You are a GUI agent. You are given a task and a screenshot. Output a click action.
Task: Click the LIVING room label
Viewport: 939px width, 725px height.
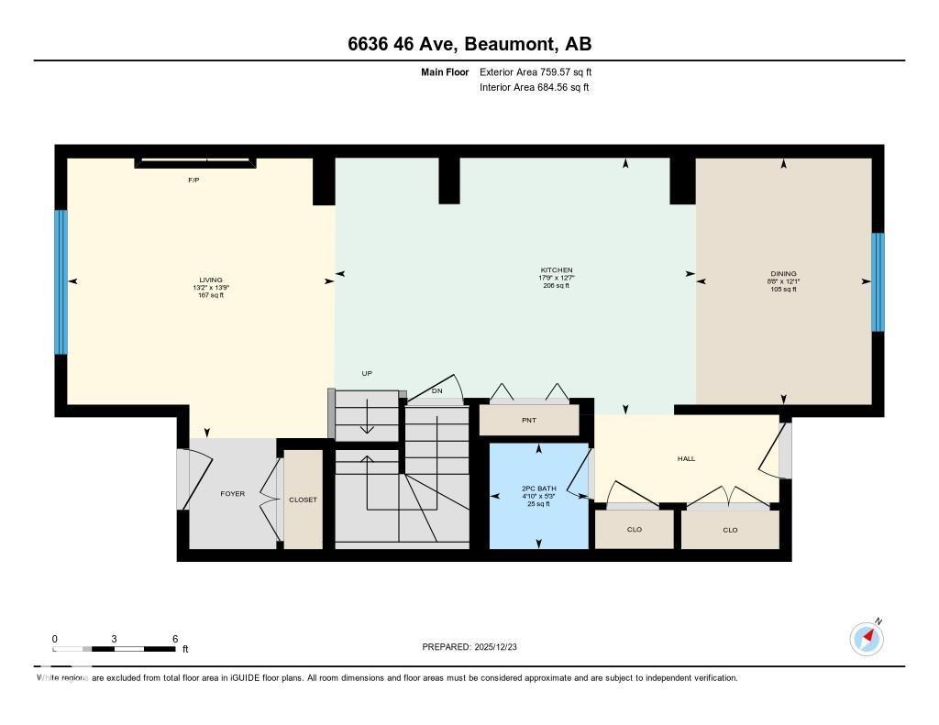tap(211, 280)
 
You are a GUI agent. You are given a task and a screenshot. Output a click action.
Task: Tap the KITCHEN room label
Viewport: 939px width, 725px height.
tap(556, 270)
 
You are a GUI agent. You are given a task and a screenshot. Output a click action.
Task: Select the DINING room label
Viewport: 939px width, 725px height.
tap(783, 273)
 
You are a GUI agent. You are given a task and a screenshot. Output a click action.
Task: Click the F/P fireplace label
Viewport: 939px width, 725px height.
tap(193, 181)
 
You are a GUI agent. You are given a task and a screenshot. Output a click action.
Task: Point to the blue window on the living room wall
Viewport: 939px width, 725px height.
tap(61, 282)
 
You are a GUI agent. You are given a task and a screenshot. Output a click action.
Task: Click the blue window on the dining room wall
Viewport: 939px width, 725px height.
tap(878, 282)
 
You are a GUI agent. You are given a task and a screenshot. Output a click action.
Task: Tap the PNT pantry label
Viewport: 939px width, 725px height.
tap(529, 421)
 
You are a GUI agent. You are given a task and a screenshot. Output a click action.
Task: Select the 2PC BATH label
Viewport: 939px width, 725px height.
tap(539, 489)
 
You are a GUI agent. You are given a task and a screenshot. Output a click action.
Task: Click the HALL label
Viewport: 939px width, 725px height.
tap(686, 458)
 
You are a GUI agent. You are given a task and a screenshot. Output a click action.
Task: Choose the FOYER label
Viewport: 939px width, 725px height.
tap(233, 494)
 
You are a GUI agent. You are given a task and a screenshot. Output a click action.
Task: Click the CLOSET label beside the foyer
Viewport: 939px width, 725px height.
tap(303, 500)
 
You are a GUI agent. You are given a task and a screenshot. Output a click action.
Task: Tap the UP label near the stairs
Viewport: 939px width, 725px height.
tap(367, 373)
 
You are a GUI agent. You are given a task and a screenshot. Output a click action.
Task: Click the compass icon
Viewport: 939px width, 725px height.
tap(867, 638)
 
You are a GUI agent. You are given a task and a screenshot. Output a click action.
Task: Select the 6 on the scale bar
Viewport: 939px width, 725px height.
tap(174, 639)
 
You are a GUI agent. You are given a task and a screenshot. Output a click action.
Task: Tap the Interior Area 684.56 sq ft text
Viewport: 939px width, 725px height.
tap(534, 88)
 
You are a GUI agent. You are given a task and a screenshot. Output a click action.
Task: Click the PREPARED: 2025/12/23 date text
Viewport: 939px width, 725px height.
tap(469, 647)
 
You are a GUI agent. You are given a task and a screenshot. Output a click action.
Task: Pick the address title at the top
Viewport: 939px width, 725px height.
tap(469, 44)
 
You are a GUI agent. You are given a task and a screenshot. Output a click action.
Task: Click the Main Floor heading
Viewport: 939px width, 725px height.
tap(445, 71)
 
